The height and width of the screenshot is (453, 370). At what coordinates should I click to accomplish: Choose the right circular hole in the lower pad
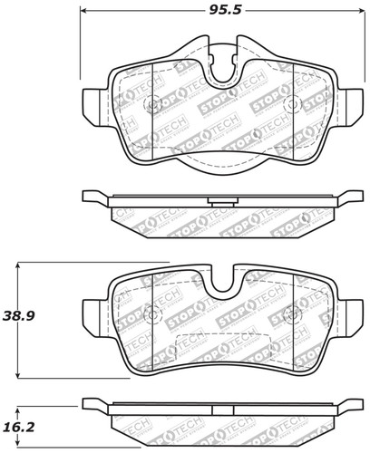coord(290,313)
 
